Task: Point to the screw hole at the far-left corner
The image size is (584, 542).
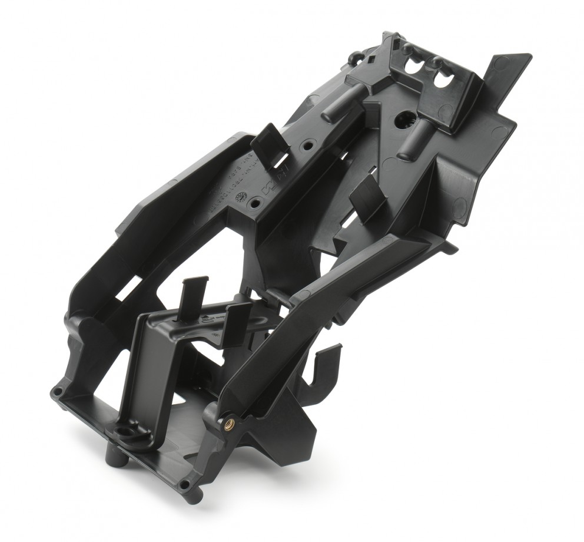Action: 58,391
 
